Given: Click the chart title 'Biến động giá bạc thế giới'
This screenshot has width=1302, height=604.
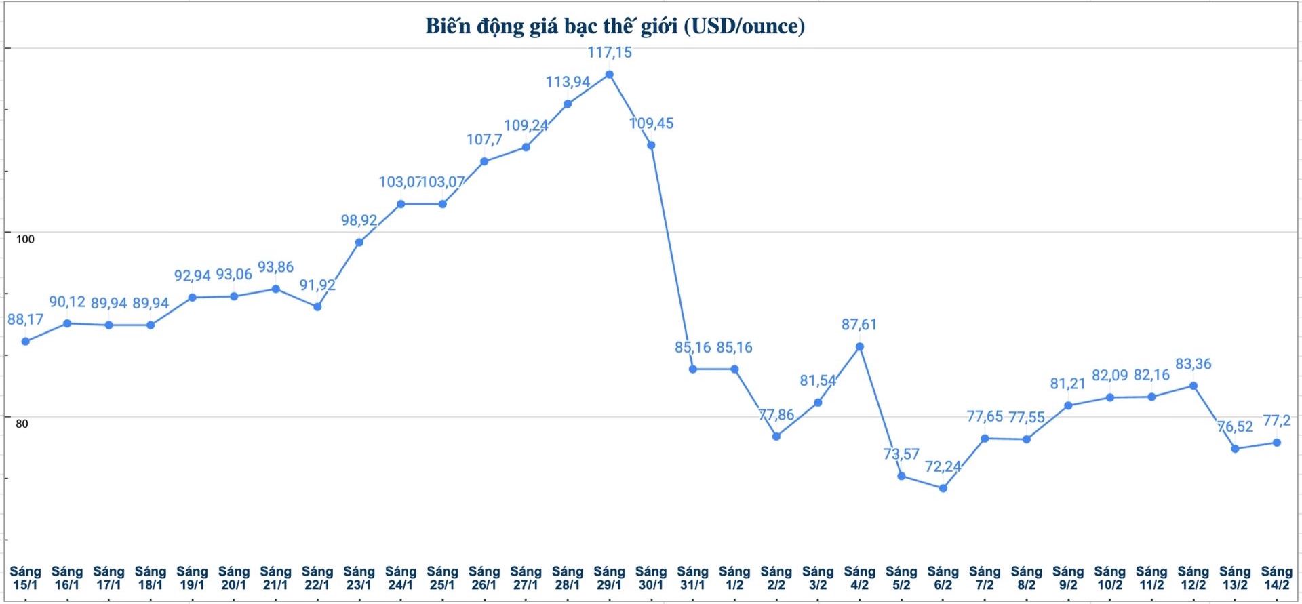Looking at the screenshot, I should (614, 26).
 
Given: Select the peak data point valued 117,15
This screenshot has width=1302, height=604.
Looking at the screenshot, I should (609, 75).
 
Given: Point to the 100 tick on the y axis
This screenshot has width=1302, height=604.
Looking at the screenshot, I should (25, 239).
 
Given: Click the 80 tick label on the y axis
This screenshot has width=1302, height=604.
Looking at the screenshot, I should (22, 424).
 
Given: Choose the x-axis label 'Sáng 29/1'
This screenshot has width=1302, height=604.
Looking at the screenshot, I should (609, 578).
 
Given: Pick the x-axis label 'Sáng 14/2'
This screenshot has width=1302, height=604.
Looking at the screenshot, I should (1276, 578).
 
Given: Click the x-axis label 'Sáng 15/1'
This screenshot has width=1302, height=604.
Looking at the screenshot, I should (25, 578).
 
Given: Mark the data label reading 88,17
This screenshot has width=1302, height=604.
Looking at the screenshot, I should (26, 319).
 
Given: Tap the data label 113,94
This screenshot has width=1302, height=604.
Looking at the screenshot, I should (568, 82).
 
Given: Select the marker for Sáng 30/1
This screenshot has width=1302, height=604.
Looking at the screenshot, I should (651, 145).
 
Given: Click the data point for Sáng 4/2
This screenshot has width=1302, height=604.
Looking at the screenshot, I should (860, 347).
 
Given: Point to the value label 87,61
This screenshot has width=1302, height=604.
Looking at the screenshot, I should (859, 325).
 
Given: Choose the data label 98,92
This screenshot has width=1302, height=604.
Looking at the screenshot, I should (359, 220).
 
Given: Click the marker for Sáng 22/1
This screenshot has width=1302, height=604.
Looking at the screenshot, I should (317, 306).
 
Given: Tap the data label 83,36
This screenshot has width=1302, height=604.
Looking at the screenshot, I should (1193, 364).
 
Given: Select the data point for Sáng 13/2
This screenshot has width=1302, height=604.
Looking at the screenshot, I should (1235, 449).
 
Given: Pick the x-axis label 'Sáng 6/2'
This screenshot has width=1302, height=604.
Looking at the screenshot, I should (943, 578).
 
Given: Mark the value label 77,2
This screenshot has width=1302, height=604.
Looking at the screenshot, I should (1276, 421).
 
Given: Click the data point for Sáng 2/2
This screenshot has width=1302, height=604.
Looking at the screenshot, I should (776, 437).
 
